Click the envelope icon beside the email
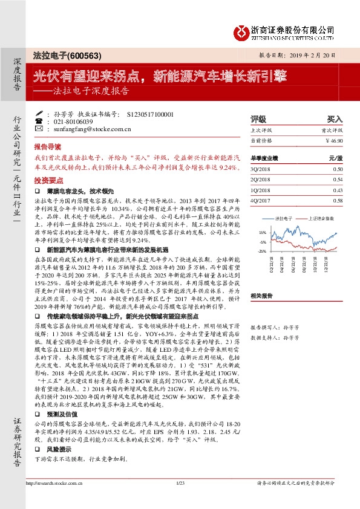39,129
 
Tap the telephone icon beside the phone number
39,121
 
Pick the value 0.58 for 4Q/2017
338,200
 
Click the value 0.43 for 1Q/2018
338,190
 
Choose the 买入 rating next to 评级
335,120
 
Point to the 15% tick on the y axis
262,232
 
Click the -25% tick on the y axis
261,251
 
